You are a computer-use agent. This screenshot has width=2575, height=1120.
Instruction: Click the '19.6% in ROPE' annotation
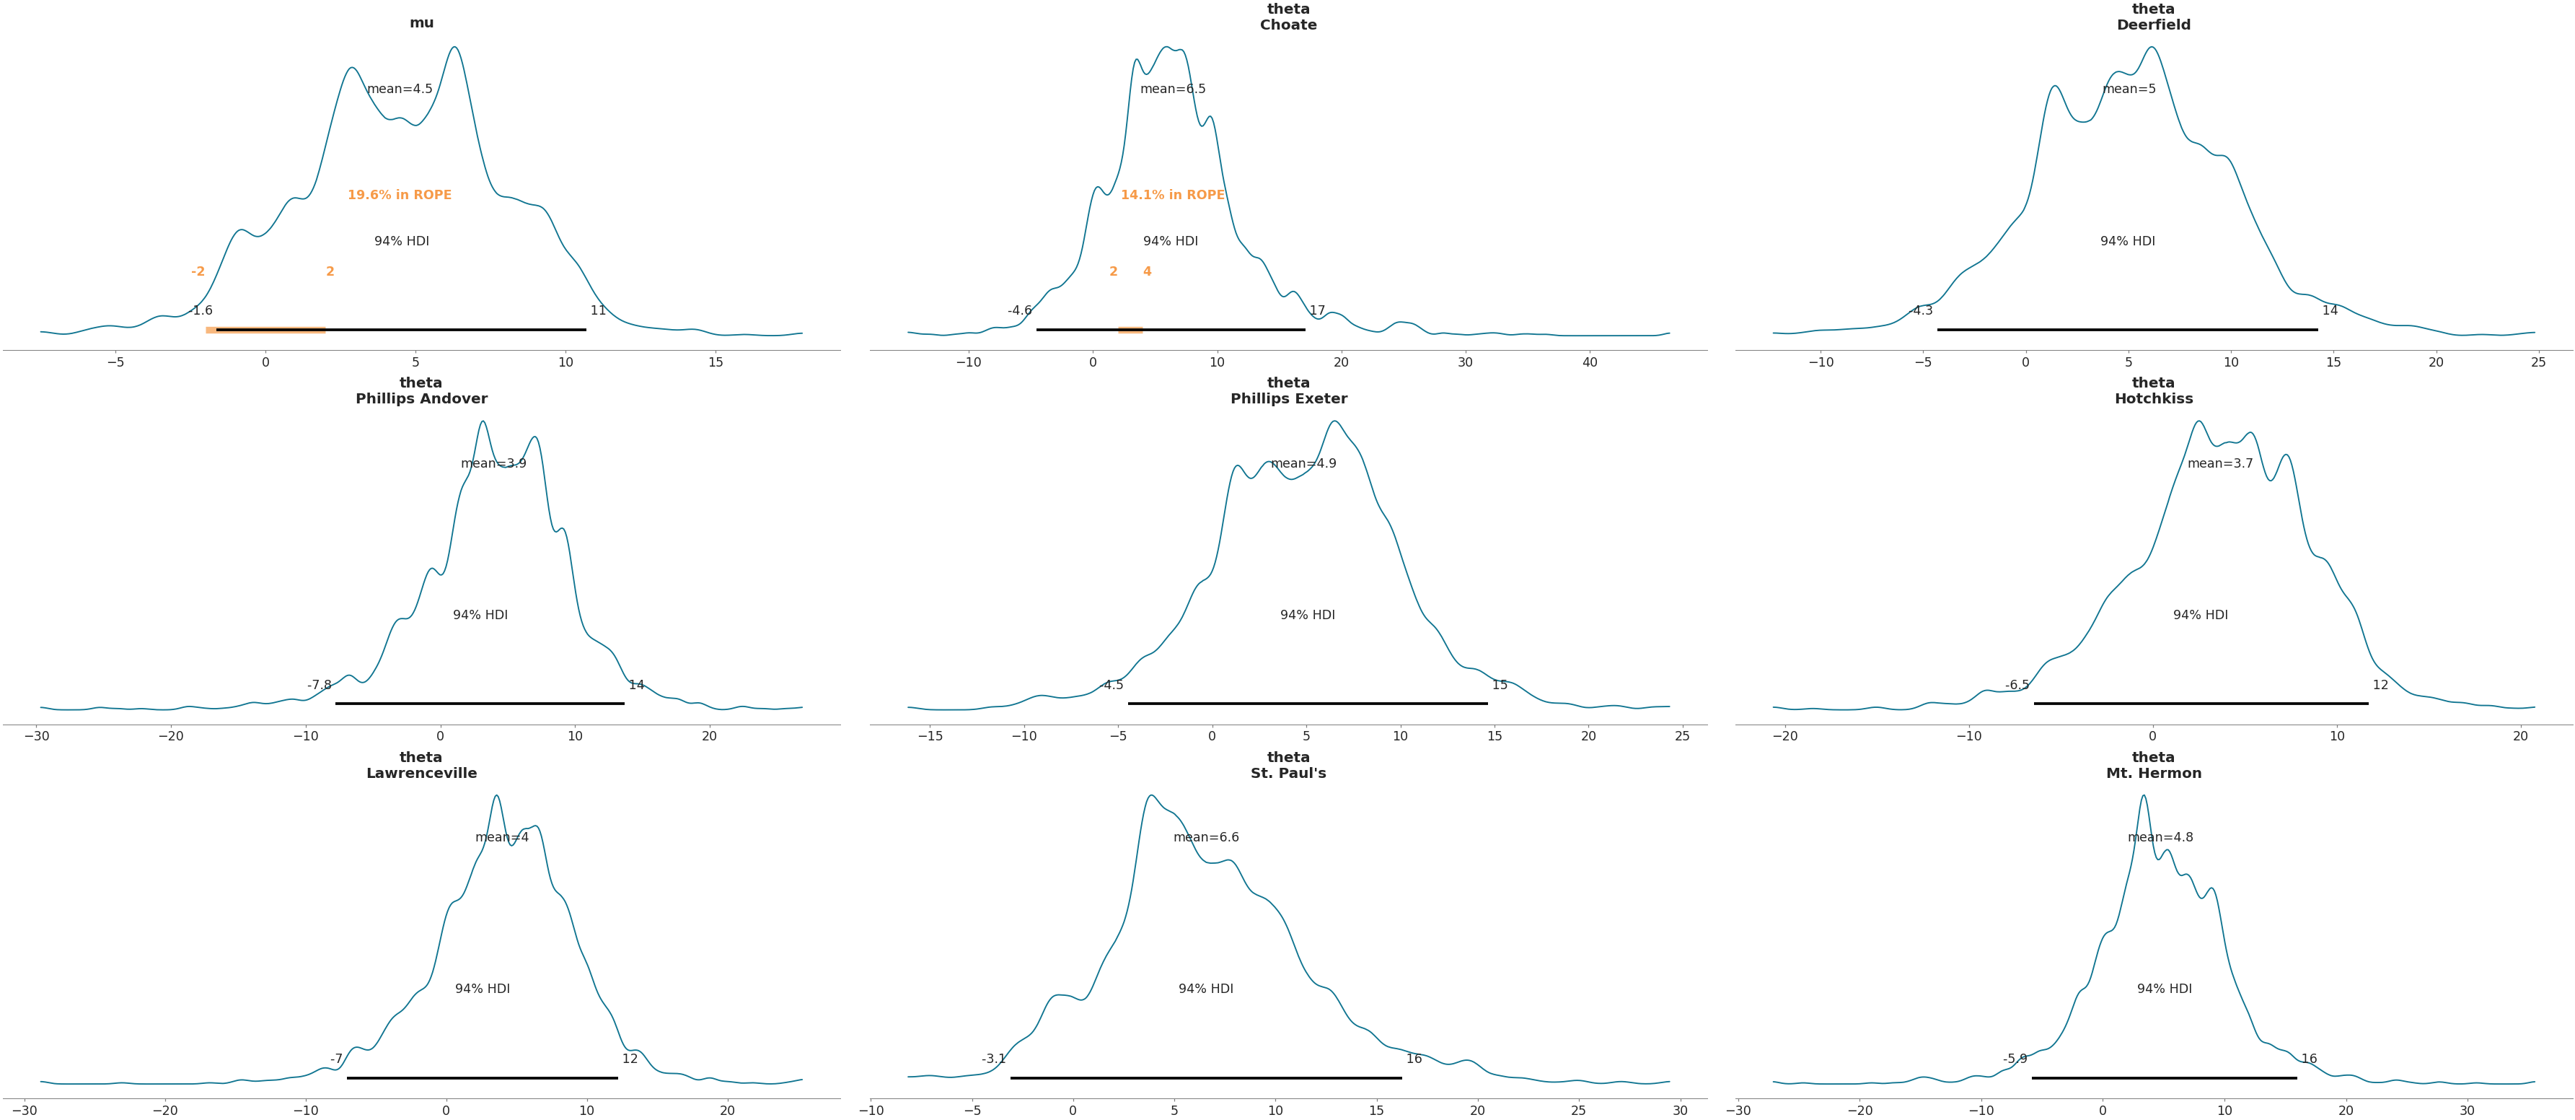399,195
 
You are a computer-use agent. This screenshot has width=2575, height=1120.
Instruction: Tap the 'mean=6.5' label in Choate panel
1173,89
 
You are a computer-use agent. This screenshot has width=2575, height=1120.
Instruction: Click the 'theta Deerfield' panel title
2153,17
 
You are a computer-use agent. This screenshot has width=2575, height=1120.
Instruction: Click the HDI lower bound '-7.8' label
319,685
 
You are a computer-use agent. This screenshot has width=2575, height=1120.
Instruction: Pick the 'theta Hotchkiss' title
2153,391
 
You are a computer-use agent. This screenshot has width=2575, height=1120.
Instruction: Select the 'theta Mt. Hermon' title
2153,765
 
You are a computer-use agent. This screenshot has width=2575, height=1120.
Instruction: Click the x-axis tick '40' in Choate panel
1590,363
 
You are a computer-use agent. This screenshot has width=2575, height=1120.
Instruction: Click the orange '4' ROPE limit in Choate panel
1147,272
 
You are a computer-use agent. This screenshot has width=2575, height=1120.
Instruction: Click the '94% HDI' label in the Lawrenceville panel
482,989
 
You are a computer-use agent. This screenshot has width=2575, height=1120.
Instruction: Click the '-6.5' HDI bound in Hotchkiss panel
2017,685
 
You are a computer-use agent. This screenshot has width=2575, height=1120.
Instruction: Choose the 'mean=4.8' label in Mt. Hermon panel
2160,837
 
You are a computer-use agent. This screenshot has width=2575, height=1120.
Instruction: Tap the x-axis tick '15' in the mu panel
716,363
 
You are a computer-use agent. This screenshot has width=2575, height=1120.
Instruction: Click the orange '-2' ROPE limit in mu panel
198,272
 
